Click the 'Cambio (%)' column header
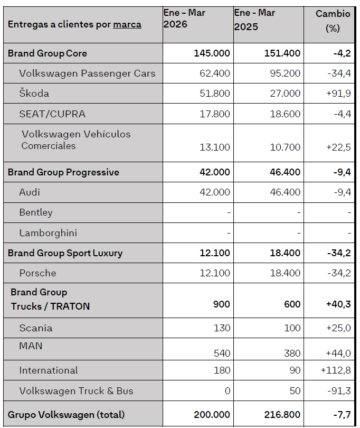pos(333,21)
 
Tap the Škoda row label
pos(34,94)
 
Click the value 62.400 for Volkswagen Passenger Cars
pos(215,73)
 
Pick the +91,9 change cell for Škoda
pos(338,94)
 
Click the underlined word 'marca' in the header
pos(127,24)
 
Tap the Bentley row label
pos(36,212)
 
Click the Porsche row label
pos(37,273)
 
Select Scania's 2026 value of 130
pos(222,328)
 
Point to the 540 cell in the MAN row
pos(221,353)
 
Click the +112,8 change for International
pos(336,370)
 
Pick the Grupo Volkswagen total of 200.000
pos(212,415)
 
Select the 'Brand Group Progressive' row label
pos(63,172)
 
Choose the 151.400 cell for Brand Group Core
pos(282,53)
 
